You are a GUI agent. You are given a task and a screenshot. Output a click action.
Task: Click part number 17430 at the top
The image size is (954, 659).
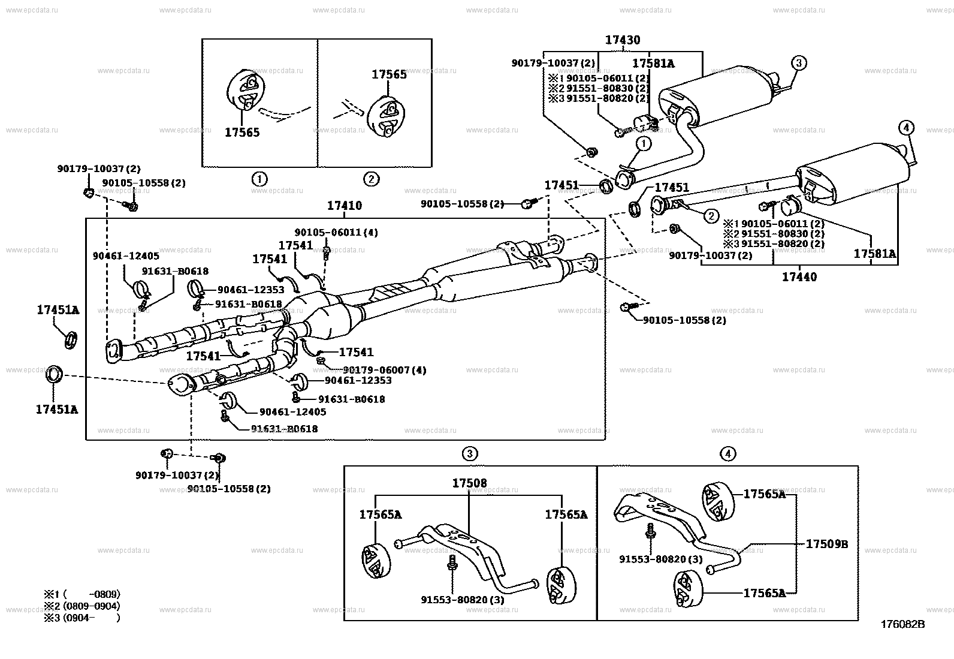(x=622, y=40)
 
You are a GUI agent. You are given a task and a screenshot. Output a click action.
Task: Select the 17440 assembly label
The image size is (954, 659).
(x=799, y=277)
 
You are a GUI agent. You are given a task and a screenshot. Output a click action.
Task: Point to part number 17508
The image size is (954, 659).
(x=469, y=483)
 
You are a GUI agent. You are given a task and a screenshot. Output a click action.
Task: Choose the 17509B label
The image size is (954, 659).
(x=826, y=544)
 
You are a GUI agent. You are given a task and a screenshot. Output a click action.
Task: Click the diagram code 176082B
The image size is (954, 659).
(x=902, y=624)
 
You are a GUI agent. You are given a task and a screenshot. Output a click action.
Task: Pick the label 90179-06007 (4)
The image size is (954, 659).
(x=384, y=370)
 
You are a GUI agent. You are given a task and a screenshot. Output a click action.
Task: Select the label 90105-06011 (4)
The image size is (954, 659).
(x=336, y=232)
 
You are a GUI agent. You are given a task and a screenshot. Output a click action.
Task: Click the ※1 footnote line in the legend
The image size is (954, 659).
(x=81, y=594)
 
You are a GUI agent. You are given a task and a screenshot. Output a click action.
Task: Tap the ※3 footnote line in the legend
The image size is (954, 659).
(x=81, y=617)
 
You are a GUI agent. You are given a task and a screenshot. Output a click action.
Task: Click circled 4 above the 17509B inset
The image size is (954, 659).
(x=727, y=454)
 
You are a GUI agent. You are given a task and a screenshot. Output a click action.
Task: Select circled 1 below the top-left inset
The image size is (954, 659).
(x=259, y=179)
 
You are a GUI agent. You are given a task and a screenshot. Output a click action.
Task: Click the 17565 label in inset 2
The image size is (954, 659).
(x=389, y=74)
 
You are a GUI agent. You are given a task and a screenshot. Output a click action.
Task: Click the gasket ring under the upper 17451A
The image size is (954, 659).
(x=71, y=340)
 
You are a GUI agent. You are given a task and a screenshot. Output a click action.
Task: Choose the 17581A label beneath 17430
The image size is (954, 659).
(x=653, y=63)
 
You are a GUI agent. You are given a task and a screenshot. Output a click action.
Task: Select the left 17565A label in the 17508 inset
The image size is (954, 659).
(x=381, y=514)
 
